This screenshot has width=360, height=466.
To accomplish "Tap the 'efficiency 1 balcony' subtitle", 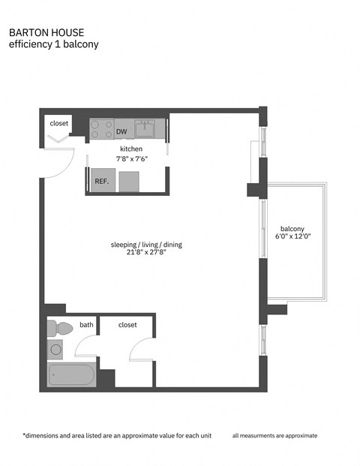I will pyautogui.click(x=53, y=44).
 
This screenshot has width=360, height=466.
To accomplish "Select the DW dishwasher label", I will pyautogui.click(x=121, y=132).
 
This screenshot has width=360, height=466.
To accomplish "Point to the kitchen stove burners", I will pyautogui.click(x=101, y=128).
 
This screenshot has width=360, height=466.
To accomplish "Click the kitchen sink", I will pyautogui.click(x=145, y=129).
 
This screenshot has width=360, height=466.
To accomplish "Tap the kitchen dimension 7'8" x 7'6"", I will pyautogui.click(x=131, y=158).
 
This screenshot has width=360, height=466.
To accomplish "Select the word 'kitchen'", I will pyautogui.click(x=131, y=149).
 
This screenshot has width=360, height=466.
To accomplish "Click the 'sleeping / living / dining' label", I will pyautogui.click(x=146, y=245).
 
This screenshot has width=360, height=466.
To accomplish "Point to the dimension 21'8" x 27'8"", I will pyautogui.click(x=146, y=254).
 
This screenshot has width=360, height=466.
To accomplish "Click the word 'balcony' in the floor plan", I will pyautogui.click(x=292, y=229).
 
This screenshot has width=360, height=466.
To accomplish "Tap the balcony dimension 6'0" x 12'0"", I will pyautogui.click(x=292, y=237).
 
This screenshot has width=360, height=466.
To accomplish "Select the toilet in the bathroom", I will pyautogui.click(x=60, y=328).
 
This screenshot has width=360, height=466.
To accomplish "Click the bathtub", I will pyautogui.click(x=71, y=374).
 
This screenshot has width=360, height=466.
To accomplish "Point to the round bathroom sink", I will pyautogui.click(x=55, y=349).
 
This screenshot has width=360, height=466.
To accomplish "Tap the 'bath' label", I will pyautogui.click(x=87, y=325).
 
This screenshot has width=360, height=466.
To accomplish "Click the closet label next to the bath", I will pyautogui.click(x=128, y=325).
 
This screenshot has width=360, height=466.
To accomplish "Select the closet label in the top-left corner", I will pyautogui.click(x=59, y=123).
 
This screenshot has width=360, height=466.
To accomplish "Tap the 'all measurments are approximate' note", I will pyautogui.click(x=274, y=435).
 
